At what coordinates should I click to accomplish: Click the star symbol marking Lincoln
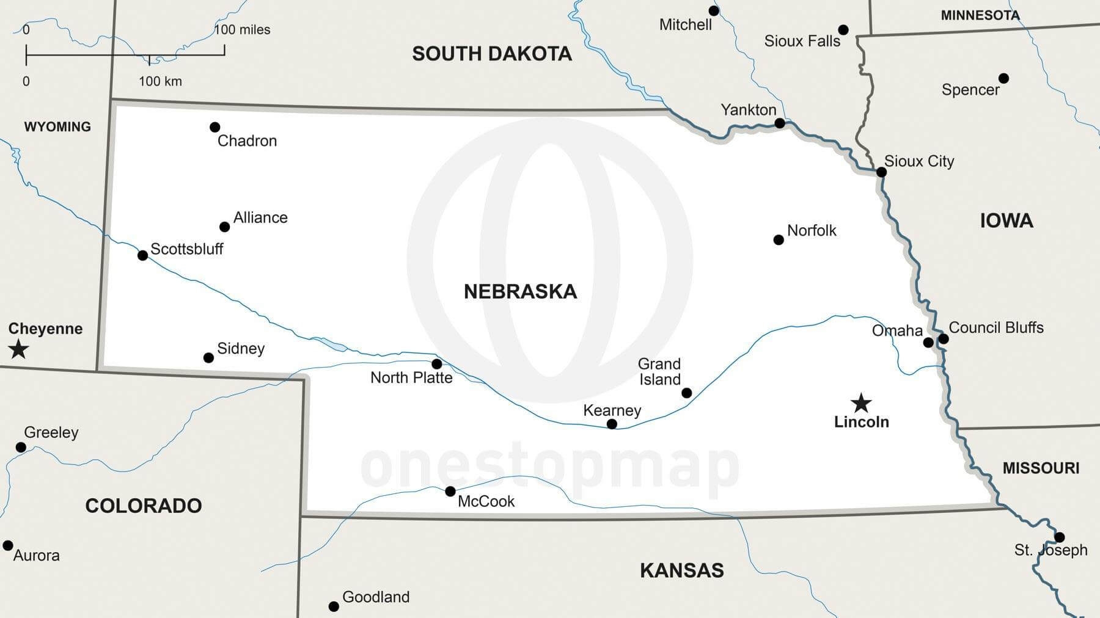[x=861, y=402]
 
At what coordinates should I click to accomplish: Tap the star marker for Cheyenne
[x=18, y=349]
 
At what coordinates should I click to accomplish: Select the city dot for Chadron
[x=215, y=127]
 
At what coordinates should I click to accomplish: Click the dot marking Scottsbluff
[x=142, y=255]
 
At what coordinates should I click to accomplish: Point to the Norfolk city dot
[x=779, y=240]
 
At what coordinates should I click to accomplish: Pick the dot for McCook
[x=450, y=491]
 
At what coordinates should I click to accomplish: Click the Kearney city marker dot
[x=612, y=424]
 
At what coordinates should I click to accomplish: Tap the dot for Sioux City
[x=881, y=172]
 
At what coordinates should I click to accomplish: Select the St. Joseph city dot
[x=1060, y=537]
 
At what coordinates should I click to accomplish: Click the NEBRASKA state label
[x=520, y=291]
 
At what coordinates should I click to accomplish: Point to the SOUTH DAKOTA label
[x=492, y=54]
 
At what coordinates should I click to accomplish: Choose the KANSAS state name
[x=681, y=570]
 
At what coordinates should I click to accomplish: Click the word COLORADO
[x=144, y=506]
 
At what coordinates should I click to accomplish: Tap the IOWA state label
[x=1007, y=220]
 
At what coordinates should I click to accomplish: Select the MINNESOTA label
[x=980, y=15]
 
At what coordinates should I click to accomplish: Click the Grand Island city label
[x=659, y=371]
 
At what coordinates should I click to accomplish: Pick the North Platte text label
[x=411, y=377]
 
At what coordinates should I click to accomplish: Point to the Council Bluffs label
[x=996, y=327]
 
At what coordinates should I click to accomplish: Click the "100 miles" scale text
[x=243, y=29]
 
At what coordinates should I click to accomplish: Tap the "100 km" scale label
[x=160, y=81]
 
